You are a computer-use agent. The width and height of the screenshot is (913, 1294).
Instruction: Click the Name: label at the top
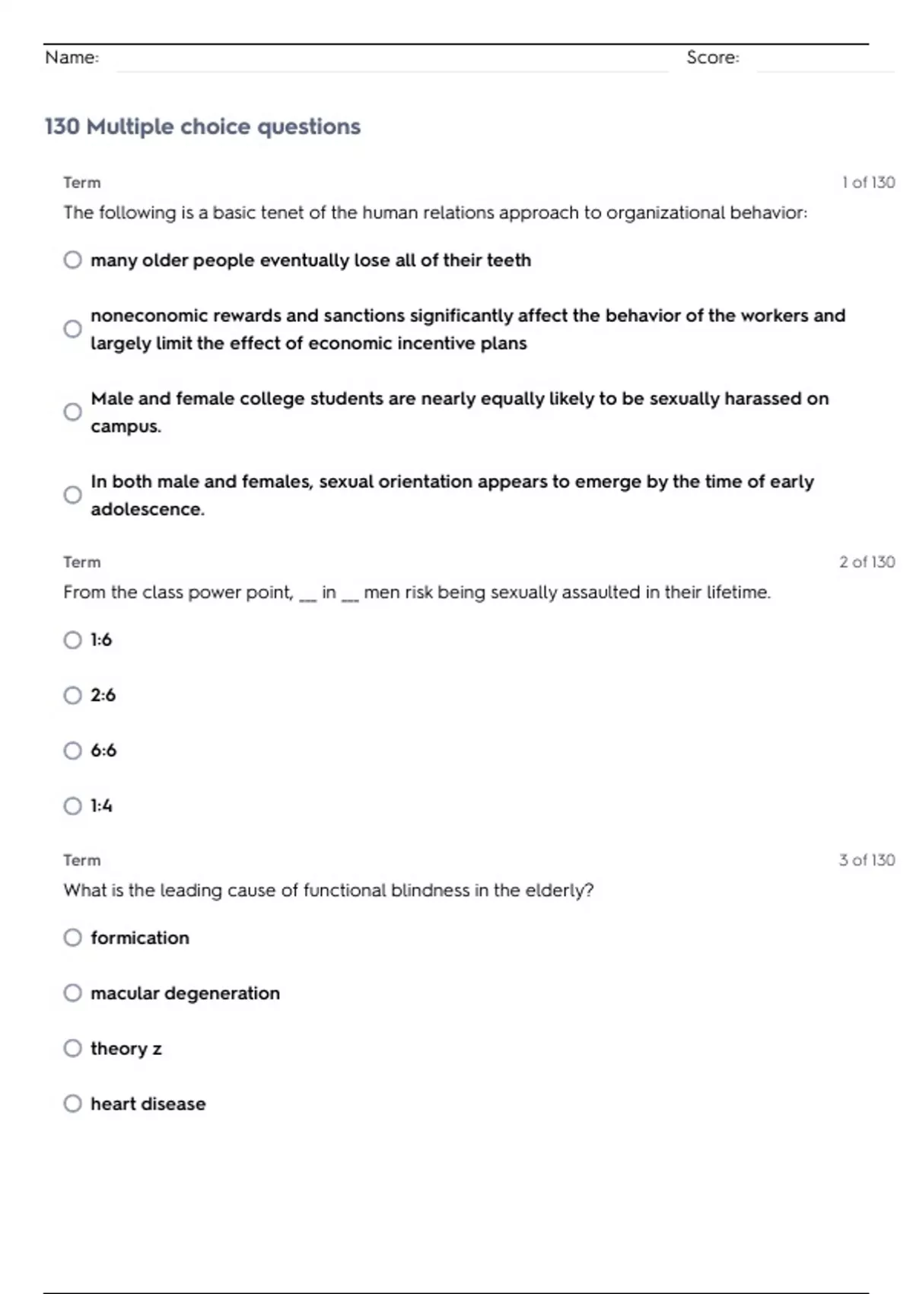[x=72, y=57]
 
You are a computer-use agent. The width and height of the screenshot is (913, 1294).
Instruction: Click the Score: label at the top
[x=712, y=57]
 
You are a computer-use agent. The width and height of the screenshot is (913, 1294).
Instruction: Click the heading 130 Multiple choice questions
[x=202, y=126]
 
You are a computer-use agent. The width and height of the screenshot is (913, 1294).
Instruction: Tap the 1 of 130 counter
[x=867, y=183]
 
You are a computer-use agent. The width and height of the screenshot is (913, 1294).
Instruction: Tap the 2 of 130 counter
[x=867, y=562]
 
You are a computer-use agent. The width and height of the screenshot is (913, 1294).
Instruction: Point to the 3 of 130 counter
[x=867, y=860]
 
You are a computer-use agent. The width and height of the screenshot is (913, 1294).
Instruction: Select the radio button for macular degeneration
[x=72, y=993]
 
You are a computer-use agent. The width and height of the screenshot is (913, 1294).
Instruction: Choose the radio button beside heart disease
[x=72, y=1104]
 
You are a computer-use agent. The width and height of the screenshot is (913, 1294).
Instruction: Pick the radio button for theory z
[x=72, y=1048]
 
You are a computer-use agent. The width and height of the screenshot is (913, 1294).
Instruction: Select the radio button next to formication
[x=72, y=937]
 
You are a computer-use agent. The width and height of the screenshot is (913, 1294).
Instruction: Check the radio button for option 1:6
[x=72, y=639]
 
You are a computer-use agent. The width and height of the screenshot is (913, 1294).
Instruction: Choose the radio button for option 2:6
[x=72, y=695]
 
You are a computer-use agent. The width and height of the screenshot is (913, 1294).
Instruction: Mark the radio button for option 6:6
[x=72, y=751]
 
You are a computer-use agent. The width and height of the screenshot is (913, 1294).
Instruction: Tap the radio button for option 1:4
[x=72, y=805]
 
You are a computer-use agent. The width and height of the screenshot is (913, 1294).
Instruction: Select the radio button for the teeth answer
[x=72, y=260]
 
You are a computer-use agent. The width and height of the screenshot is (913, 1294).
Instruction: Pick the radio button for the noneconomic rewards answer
[x=72, y=329]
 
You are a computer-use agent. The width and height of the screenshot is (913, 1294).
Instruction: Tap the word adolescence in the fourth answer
[x=147, y=509]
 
